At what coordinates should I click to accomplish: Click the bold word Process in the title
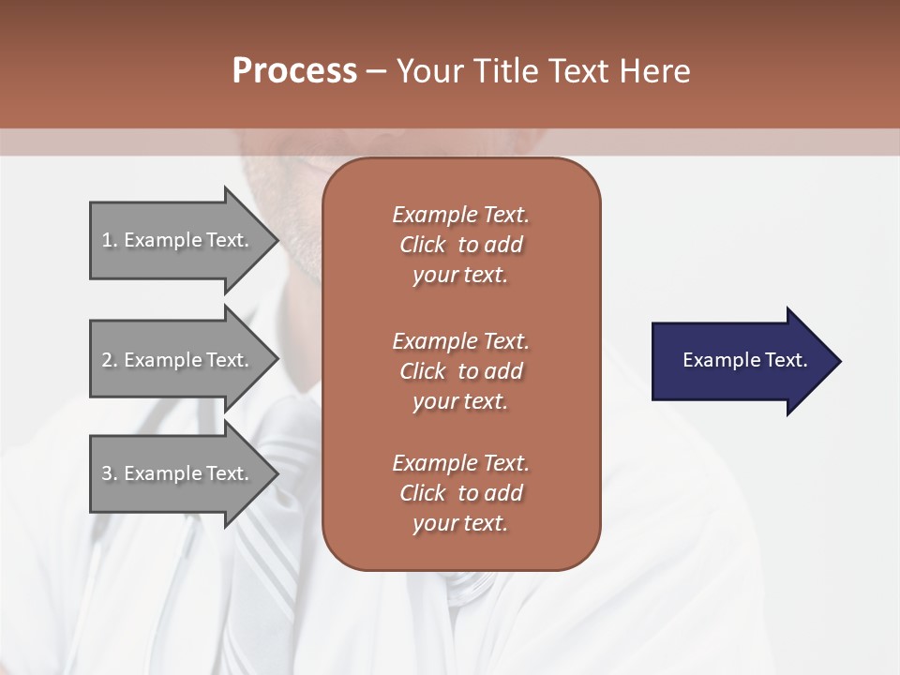294,71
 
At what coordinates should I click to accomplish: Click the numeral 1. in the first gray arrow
110,240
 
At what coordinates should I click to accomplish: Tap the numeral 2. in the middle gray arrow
110,360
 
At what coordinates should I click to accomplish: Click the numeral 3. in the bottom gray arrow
110,473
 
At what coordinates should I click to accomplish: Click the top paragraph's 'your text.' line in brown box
460,275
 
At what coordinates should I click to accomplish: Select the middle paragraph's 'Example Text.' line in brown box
460,341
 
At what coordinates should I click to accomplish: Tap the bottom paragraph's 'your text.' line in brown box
460,523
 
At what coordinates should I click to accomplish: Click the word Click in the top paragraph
423,245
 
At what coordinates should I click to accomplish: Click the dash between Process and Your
376,71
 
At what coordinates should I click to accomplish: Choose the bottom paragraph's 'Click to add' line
460,493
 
